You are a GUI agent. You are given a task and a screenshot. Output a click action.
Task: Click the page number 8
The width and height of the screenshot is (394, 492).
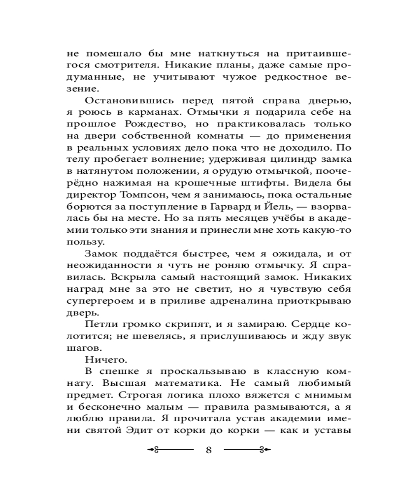coord(208,451)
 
